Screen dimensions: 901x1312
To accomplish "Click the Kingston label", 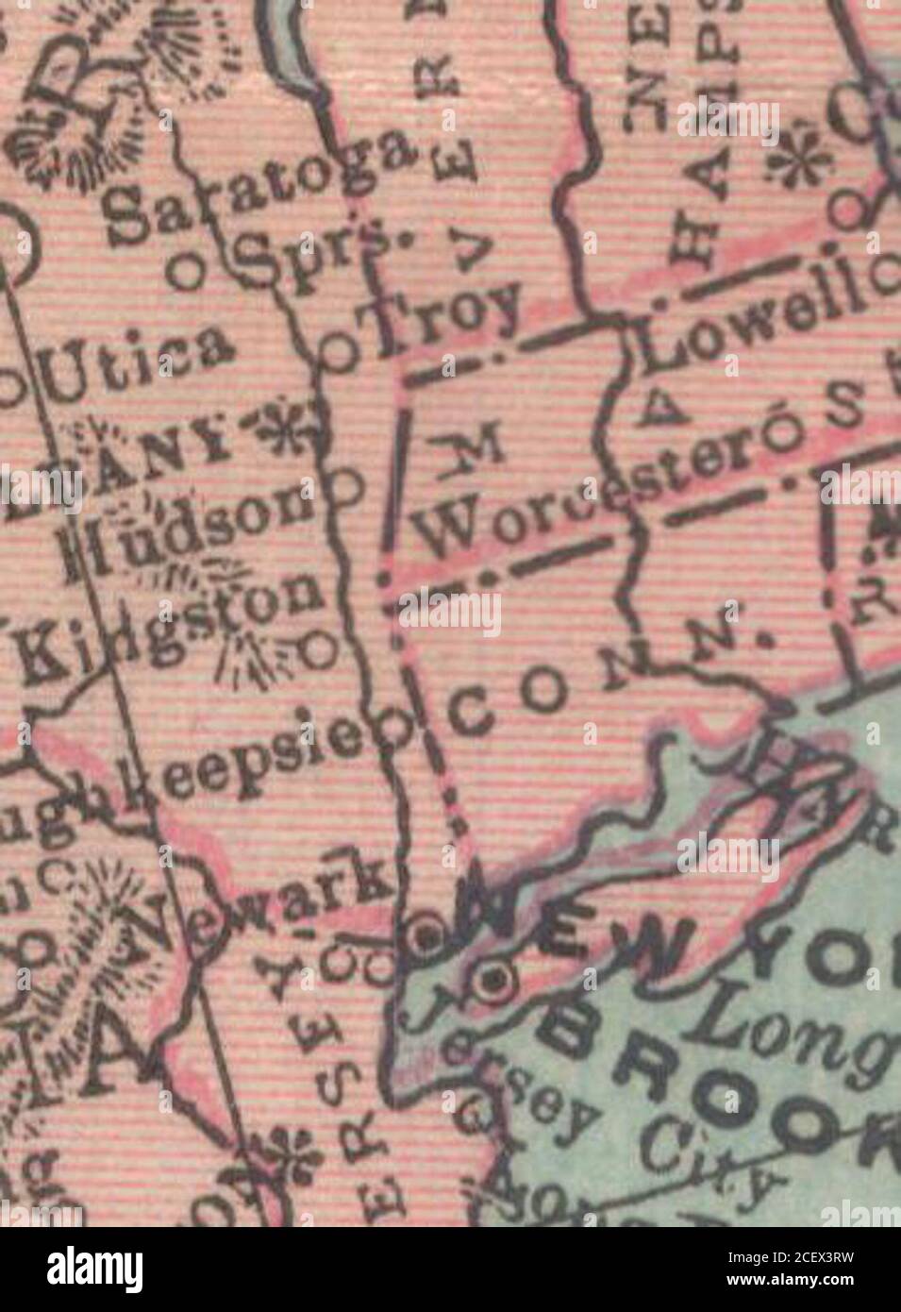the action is coord(170,628).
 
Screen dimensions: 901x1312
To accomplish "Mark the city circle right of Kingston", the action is coord(321,648).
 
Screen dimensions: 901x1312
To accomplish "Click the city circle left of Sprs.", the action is coord(186,273).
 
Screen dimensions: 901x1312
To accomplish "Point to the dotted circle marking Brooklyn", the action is coord(492,982).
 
